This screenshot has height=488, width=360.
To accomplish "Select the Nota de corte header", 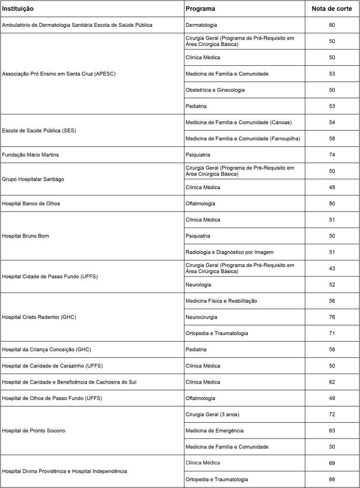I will point(332,9).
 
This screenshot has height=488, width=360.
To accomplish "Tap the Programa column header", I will point(200,9).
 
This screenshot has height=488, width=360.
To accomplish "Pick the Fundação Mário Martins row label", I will point(30,155).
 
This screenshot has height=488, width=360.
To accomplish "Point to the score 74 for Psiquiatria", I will point(332,155).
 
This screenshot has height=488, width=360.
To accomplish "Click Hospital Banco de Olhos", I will point(31,203).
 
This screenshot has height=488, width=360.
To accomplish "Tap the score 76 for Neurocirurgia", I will point(332,317).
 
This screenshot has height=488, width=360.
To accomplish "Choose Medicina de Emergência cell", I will point(214,430).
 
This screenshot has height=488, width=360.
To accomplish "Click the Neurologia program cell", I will point(198,285).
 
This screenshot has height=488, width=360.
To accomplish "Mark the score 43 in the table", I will point(332,268).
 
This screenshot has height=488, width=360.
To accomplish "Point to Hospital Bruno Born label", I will point(26,236).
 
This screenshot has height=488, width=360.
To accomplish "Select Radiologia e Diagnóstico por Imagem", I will point(230,252).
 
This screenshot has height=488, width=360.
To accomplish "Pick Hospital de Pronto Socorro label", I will point(34,430).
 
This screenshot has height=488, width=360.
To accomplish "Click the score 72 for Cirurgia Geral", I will point(332,414).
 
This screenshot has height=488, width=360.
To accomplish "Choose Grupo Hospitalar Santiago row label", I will point(33,179).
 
